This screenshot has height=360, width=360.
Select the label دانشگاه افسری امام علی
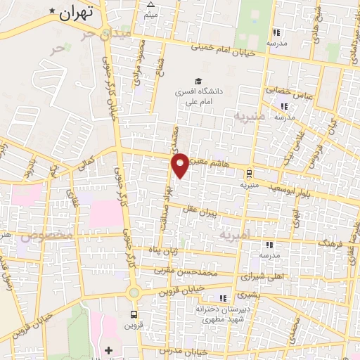pos(198,96)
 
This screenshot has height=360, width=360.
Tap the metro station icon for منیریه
pos(249,173)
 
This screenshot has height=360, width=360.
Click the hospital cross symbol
pos(108,349)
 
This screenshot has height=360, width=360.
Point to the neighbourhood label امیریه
pos(235,234)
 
